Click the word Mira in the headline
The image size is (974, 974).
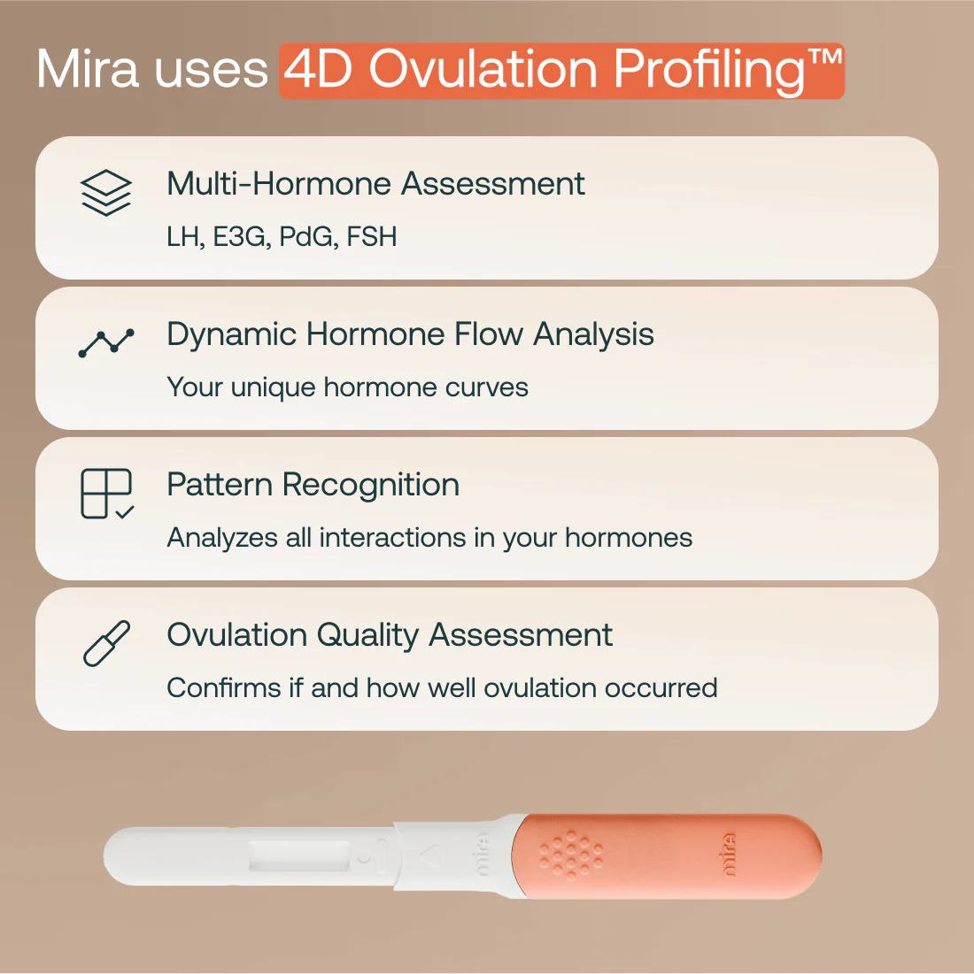pyautogui.click(x=88, y=69)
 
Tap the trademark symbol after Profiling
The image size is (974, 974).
pyautogui.click(x=824, y=60)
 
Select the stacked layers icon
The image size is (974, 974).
pyautogui.click(x=106, y=192)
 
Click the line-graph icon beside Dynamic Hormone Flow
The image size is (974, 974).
pyautogui.click(x=106, y=342)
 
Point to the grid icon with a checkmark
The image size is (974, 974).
pyautogui.click(x=107, y=494)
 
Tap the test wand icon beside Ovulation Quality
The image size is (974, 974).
pyautogui.click(x=106, y=643)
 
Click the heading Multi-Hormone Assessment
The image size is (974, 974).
pyautogui.click(x=375, y=184)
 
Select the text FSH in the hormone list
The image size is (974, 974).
pyautogui.click(x=372, y=237)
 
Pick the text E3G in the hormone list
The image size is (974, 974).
pyautogui.click(x=239, y=237)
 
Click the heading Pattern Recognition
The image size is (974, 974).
pyautogui.click(x=313, y=485)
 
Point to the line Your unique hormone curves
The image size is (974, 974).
pyautogui.click(x=347, y=387)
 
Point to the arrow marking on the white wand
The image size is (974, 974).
pyautogui.click(x=429, y=855)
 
